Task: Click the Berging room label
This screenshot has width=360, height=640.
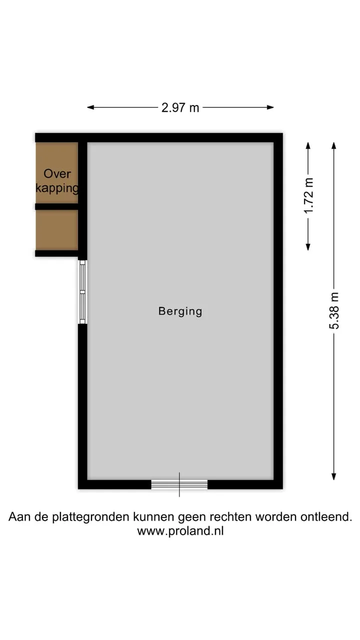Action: tap(180, 311)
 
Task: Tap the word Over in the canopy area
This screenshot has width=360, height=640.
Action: tap(57, 173)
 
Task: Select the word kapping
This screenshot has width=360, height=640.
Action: tap(57, 188)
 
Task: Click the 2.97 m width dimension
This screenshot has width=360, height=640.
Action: tap(180, 107)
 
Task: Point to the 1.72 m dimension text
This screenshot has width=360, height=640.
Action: tap(309, 195)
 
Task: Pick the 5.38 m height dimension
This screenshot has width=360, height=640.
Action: tap(334, 311)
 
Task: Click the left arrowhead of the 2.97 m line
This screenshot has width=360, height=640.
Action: tap(90, 107)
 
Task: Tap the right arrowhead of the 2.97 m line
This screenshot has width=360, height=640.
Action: tap(270, 107)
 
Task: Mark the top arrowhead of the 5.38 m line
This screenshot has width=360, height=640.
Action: tap(333, 145)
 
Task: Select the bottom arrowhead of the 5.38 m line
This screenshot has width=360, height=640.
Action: tap(333, 476)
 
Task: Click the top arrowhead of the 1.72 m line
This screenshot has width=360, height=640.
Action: tap(308, 145)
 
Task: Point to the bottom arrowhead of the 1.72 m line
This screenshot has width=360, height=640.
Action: tap(308, 247)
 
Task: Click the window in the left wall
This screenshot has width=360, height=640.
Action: tap(82, 291)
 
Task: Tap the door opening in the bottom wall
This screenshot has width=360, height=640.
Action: tap(179, 484)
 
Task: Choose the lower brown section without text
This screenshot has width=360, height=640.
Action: tap(57, 230)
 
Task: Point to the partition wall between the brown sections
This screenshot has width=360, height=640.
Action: tap(56, 206)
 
